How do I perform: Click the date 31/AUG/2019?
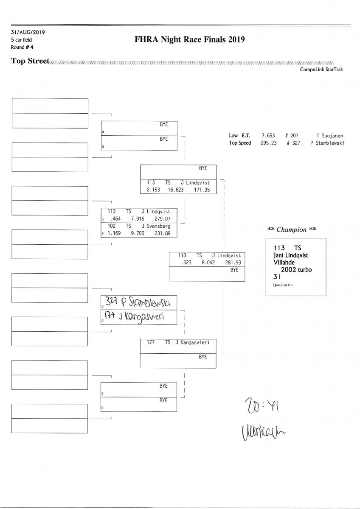[x=28, y=32]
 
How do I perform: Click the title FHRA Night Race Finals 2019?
[x=189, y=39]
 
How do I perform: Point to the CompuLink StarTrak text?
[x=321, y=70]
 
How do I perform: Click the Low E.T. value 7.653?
[x=269, y=136]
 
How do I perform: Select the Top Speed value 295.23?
[x=269, y=143]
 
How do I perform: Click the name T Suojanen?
[x=329, y=136]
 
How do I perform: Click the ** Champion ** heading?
[x=292, y=229]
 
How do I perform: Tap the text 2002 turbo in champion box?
[x=296, y=269]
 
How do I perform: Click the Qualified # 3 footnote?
[x=280, y=285]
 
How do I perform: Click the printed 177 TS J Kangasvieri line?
[x=178, y=342]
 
